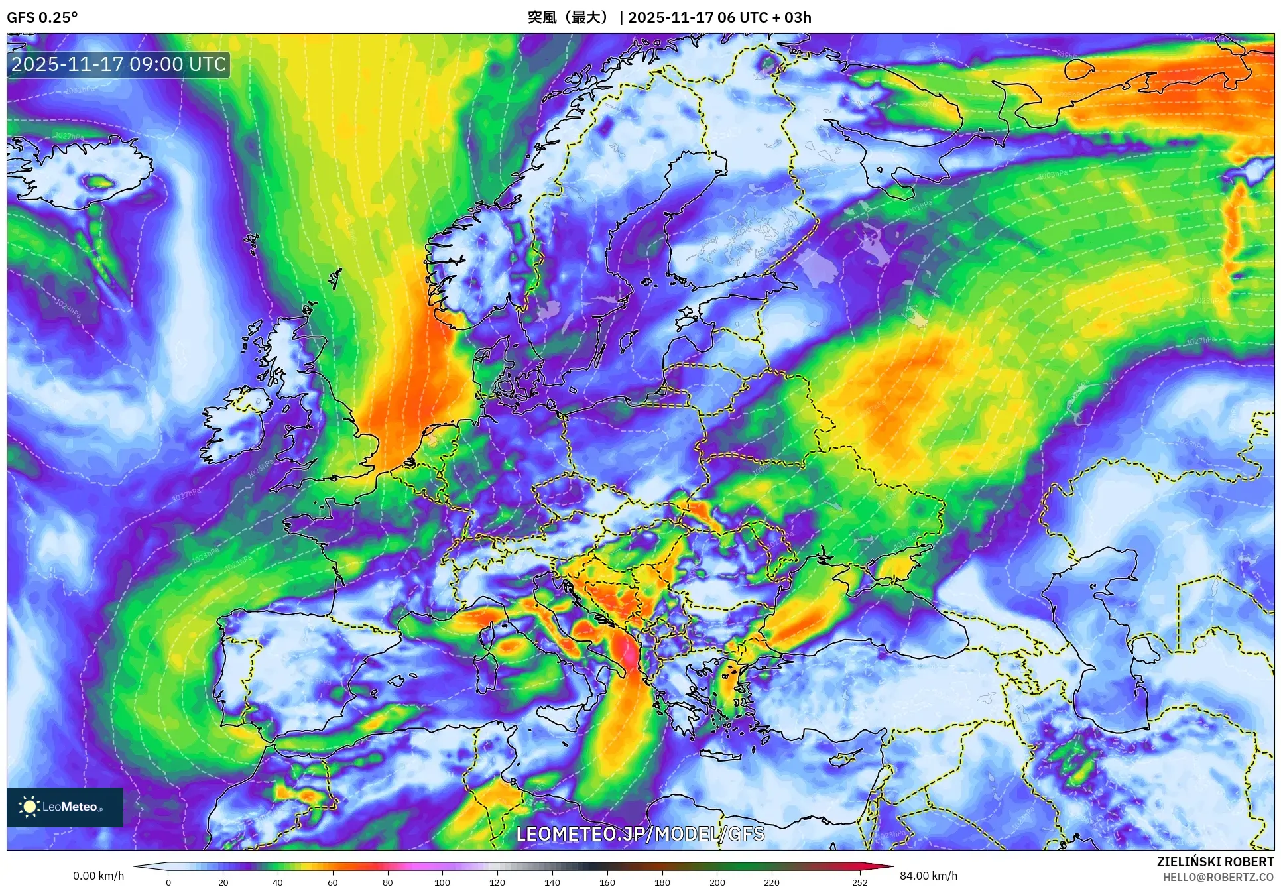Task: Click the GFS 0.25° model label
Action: coord(42,17)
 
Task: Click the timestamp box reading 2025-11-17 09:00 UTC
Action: coord(119,64)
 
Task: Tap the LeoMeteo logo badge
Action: coord(65,807)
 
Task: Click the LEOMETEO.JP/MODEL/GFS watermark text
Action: coord(640,834)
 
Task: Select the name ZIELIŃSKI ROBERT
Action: coord(1215,862)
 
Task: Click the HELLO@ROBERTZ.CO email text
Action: coord(1218,877)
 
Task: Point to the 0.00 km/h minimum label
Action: coord(98,876)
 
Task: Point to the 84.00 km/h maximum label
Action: coord(928,876)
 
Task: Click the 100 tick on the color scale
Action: coord(442,882)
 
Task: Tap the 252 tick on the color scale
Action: coord(859,882)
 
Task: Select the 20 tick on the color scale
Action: coord(223,882)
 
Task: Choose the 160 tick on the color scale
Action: coord(607,882)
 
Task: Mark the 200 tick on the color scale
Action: coord(717,882)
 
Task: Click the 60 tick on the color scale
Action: coord(333,882)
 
